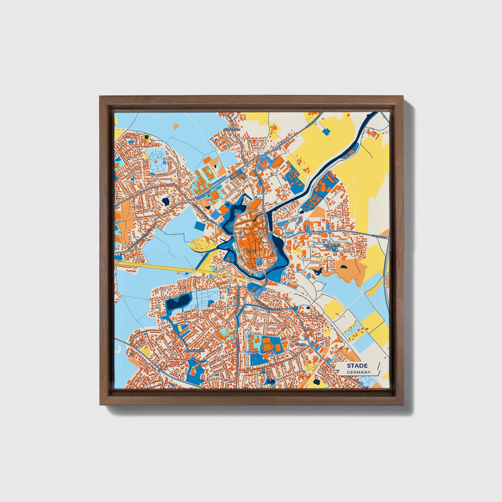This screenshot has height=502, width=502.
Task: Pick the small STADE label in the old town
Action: click(x=250, y=250)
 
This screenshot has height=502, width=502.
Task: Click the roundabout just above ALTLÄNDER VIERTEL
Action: click(x=329, y=232)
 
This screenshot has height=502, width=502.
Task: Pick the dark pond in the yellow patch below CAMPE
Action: click(x=316, y=382)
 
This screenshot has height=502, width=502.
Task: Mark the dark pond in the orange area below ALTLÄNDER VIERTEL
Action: click(x=344, y=267)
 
